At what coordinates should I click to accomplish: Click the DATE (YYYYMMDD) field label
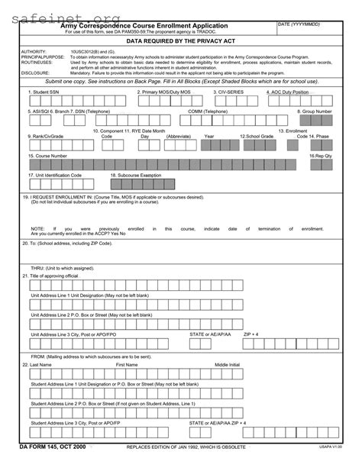point(299,24)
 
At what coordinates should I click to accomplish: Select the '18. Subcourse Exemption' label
point(137,175)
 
